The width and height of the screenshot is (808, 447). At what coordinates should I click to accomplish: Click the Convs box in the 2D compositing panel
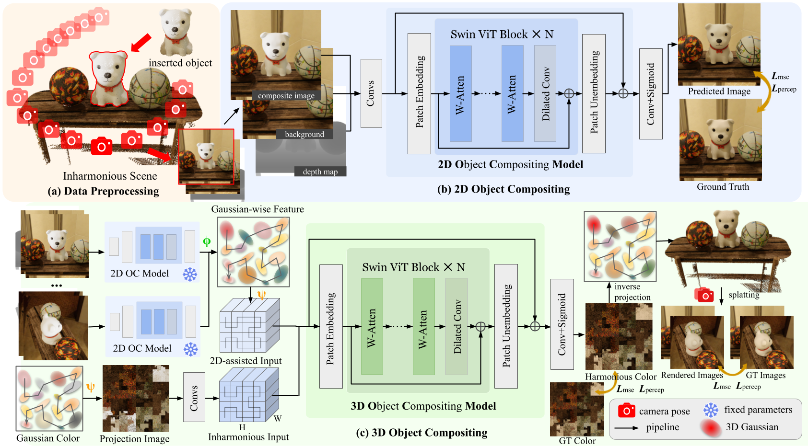click(x=371, y=93)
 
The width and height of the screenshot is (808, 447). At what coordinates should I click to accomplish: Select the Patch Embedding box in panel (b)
click(x=419, y=93)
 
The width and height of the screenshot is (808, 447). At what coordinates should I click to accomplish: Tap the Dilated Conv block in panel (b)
click(x=545, y=93)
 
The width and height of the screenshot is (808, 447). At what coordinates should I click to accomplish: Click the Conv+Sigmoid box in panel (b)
click(x=651, y=94)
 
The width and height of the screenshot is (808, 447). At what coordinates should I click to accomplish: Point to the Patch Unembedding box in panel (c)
click(x=506, y=326)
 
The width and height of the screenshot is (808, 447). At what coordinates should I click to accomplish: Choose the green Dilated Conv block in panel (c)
click(x=456, y=326)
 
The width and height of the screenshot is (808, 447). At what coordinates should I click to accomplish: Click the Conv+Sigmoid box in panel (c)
click(x=562, y=324)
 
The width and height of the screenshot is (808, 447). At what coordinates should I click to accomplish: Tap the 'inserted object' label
click(x=180, y=63)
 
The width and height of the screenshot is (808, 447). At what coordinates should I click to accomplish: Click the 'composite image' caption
click(x=286, y=96)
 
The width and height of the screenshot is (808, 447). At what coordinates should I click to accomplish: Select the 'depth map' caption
click(x=320, y=172)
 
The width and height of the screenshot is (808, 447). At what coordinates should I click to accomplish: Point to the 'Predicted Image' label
click(x=719, y=91)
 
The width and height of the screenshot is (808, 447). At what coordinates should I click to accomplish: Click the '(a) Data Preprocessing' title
click(x=103, y=191)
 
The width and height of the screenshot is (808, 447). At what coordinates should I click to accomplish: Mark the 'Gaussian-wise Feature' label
click(x=258, y=209)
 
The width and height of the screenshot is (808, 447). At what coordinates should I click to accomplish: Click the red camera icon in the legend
click(x=627, y=411)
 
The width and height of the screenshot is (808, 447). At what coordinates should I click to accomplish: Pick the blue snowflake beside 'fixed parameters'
click(x=711, y=410)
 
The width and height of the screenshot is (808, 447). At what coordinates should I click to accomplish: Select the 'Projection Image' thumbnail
click(x=136, y=399)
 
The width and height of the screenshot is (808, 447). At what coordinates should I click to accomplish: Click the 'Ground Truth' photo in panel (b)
click(x=721, y=140)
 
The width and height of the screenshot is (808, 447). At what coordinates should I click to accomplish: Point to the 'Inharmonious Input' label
click(x=248, y=437)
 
